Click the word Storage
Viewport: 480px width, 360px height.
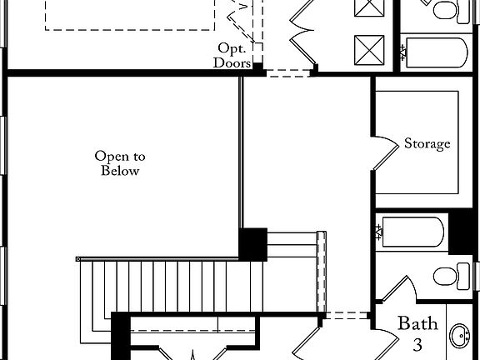click(427, 143)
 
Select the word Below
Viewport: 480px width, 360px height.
click(120, 171)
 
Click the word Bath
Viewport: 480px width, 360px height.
click(416, 323)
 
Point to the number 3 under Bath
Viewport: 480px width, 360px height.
click(417, 342)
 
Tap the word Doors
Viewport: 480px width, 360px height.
click(231, 62)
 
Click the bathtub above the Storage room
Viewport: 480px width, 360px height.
click(433, 53)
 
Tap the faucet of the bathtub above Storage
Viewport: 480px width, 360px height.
click(405, 53)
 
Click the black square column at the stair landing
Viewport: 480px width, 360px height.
click(252, 244)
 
